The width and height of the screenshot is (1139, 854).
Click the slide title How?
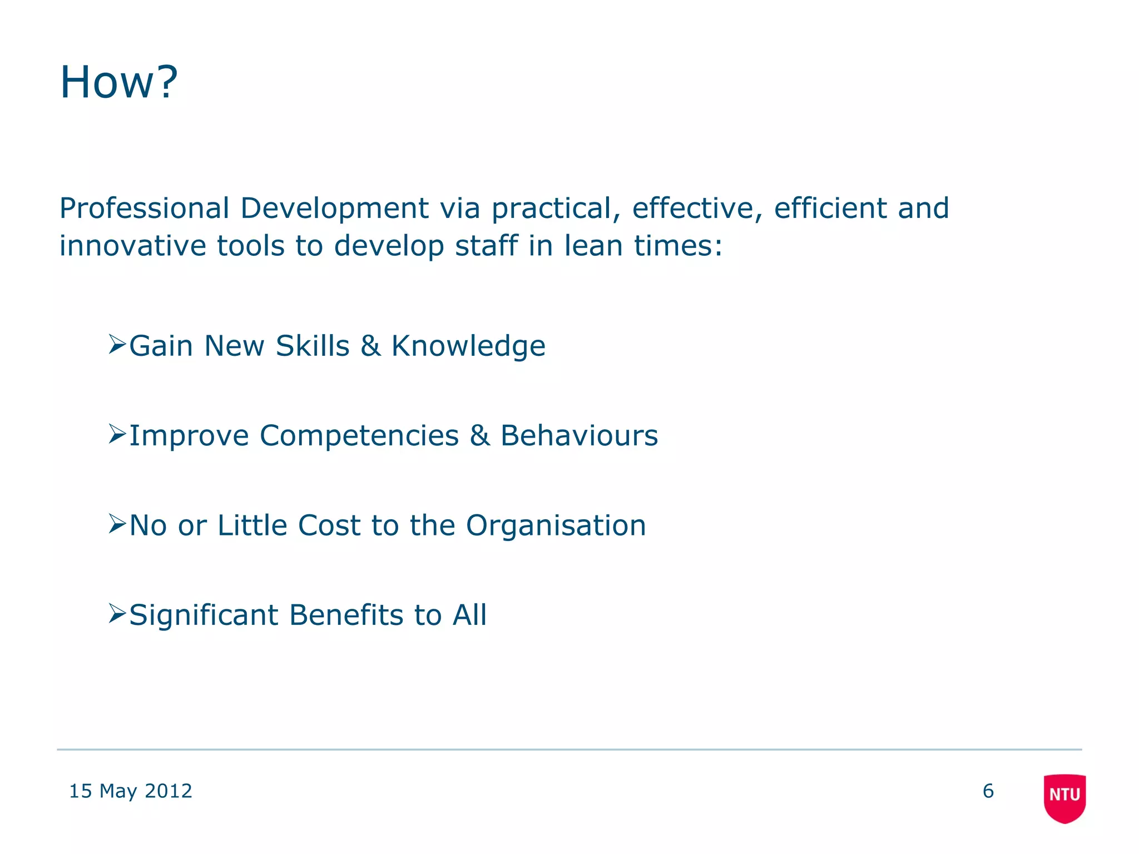[x=118, y=82]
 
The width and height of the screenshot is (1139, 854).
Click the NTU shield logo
[x=1064, y=797]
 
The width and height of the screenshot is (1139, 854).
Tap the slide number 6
[x=988, y=791]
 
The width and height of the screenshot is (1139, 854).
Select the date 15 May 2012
[x=130, y=791]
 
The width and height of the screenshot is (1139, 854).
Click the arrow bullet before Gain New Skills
[x=117, y=345]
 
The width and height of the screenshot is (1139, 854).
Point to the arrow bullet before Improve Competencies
[x=117, y=434]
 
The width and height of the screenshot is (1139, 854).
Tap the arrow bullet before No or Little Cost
[x=117, y=524]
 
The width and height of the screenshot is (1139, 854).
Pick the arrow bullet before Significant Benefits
[x=117, y=614]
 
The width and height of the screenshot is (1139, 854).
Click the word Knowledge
[x=468, y=347]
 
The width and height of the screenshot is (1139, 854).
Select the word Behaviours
[x=579, y=435]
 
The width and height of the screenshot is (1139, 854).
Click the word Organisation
[x=556, y=526]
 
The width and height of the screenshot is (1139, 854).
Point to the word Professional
[x=144, y=208]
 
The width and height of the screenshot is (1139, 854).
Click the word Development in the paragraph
[x=334, y=210]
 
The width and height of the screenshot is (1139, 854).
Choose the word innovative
[x=132, y=246]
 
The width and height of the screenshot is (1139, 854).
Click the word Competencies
[x=359, y=436]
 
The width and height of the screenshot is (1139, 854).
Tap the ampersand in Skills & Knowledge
[x=370, y=346]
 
